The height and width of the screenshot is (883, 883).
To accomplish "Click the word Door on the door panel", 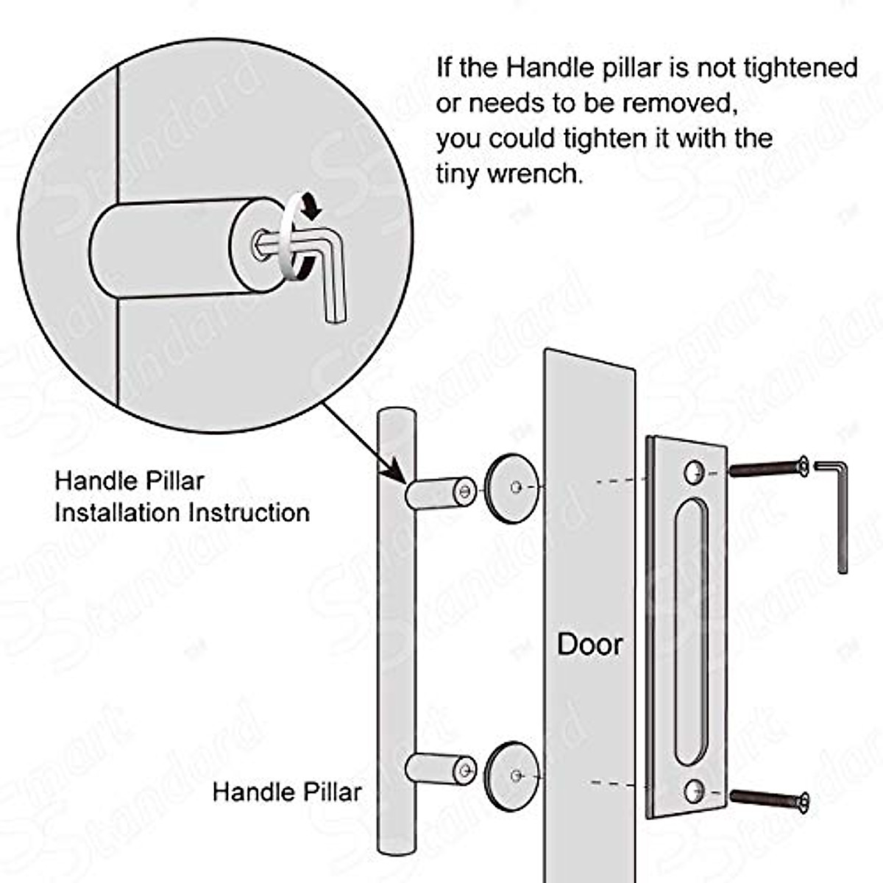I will (x=589, y=644).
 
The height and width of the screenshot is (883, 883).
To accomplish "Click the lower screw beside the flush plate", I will (x=769, y=797).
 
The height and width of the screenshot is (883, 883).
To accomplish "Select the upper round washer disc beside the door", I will (x=512, y=487).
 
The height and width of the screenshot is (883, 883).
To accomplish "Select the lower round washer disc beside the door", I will (x=512, y=776).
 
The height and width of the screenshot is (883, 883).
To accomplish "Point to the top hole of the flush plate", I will (x=694, y=472).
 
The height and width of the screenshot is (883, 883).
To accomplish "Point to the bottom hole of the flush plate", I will (x=694, y=791).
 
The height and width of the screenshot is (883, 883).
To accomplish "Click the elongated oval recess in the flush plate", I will (x=692, y=631).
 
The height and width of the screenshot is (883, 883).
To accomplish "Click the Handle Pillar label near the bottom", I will (x=287, y=792).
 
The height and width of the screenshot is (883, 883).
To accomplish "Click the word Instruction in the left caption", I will (x=249, y=512).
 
